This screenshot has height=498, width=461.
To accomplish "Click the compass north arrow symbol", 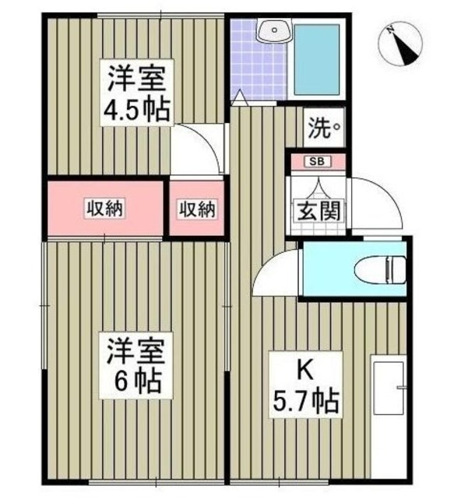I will point(402,46).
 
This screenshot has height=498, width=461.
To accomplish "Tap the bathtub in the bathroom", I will point(315,59).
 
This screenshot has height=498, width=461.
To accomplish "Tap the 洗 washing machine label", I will point(322,126).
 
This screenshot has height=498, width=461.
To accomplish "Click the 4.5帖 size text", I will point(137,110).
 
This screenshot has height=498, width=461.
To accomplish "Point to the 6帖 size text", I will point(136,381).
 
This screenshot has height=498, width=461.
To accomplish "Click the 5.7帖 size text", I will point(306,400).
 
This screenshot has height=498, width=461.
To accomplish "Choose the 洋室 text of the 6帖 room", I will point(136,350).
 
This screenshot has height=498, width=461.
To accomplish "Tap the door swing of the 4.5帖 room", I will point(195,148).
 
